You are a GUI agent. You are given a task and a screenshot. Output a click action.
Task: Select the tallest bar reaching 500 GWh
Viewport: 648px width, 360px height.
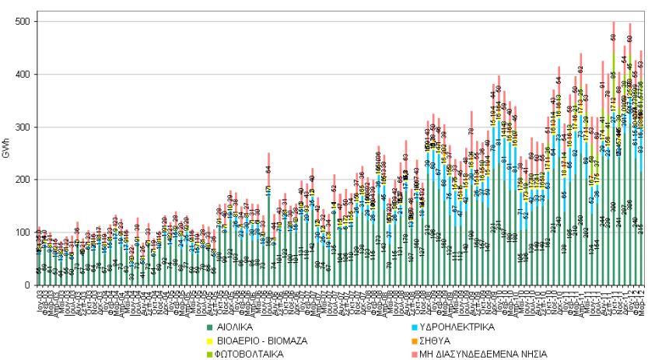tap(613, 156)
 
